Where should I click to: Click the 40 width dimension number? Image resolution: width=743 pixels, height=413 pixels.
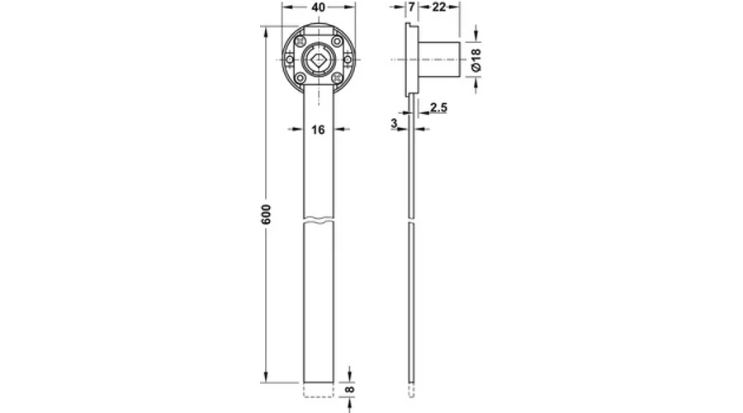point(319,7)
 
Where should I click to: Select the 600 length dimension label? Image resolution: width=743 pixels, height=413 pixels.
point(266,214)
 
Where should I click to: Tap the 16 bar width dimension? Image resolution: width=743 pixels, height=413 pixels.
point(319,130)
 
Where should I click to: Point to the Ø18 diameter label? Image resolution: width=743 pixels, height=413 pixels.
point(476,59)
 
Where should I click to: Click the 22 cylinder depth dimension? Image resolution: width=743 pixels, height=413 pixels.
point(439,7)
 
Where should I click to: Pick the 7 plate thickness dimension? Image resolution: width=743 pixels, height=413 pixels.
point(411,7)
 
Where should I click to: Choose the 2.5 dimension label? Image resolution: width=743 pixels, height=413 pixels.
point(438,107)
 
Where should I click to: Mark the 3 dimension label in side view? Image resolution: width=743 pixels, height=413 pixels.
point(395,123)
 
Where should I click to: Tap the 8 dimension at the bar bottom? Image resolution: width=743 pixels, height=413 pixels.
point(350,389)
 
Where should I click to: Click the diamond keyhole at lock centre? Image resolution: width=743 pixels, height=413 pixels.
point(318,59)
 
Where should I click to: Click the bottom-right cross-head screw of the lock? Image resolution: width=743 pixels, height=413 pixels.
point(337,78)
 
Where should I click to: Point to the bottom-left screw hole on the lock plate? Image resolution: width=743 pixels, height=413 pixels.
point(300,78)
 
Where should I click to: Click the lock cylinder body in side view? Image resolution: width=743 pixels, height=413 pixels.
point(439,59)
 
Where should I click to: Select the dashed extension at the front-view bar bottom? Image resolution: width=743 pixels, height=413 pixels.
point(319,390)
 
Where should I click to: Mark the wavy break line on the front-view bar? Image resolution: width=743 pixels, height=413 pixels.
point(319,220)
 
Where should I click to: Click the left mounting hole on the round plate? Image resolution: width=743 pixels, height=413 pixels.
point(290,59)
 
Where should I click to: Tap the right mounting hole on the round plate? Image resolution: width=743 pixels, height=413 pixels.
point(347,59)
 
